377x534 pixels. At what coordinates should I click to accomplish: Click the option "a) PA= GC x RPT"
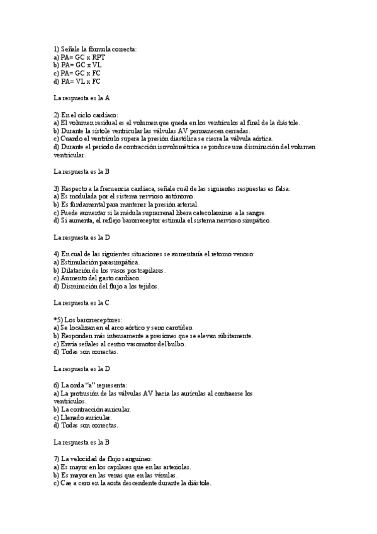click(x=79, y=57)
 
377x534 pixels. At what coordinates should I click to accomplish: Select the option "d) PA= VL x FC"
click(x=77, y=81)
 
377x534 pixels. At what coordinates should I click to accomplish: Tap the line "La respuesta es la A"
click(x=82, y=98)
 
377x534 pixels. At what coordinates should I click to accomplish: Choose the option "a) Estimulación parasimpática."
click(x=97, y=262)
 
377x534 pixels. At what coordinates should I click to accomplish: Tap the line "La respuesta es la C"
click(x=82, y=303)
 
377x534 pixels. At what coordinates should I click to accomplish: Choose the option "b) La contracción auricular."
click(x=93, y=409)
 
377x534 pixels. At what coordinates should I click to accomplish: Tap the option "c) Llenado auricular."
click(x=83, y=418)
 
